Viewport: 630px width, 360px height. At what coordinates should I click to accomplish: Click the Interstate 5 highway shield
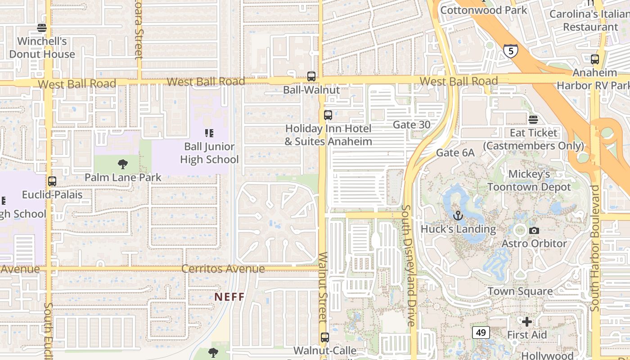click(x=510, y=51)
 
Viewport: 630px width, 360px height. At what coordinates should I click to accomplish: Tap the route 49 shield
click(x=481, y=333)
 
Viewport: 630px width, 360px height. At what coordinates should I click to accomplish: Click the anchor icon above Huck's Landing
click(x=458, y=216)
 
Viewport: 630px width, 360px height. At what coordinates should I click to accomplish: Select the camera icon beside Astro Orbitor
click(x=534, y=231)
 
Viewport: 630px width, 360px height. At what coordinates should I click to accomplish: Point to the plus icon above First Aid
click(x=527, y=322)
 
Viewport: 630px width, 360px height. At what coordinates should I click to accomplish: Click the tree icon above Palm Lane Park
click(x=122, y=164)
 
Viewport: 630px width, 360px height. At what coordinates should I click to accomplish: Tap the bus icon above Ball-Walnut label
click(x=311, y=76)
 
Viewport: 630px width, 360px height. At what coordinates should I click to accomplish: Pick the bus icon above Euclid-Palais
click(x=52, y=181)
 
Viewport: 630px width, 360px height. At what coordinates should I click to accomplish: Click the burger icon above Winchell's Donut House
click(x=42, y=28)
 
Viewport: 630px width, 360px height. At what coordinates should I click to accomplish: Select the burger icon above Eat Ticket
click(x=533, y=120)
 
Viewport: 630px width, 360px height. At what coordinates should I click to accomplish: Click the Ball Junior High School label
click(x=209, y=153)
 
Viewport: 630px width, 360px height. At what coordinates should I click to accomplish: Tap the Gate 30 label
click(x=411, y=125)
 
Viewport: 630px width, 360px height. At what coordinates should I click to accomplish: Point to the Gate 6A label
click(x=455, y=153)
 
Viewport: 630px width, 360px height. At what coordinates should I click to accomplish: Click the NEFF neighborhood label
click(x=229, y=297)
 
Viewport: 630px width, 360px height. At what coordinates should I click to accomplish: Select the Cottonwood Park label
click(x=484, y=10)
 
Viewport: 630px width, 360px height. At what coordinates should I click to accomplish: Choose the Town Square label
click(x=520, y=291)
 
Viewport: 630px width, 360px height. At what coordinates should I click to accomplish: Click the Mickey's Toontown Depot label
click(x=529, y=180)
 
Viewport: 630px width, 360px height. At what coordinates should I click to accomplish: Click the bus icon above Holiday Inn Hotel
click(x=328, y=115)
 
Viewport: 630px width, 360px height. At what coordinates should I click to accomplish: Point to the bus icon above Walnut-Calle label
click(x=325, y=337)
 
